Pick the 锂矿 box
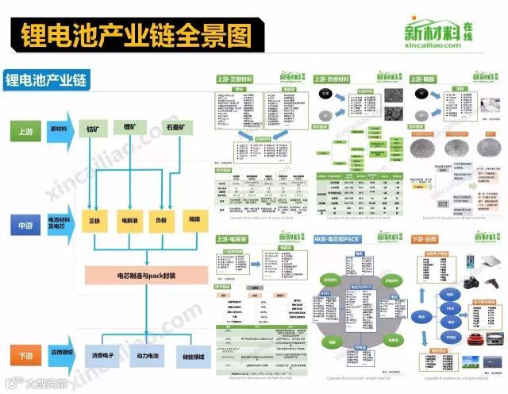[x=132, y=127]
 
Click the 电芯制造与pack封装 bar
[x=146, y=276]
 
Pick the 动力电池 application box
[x=149, y=357]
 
